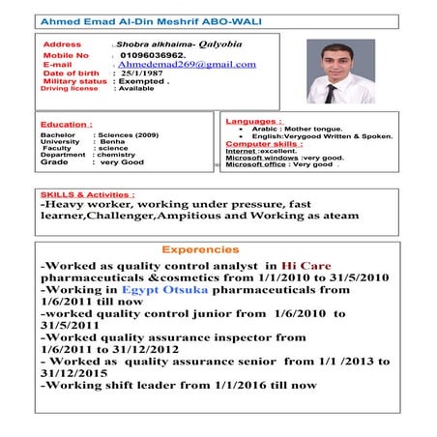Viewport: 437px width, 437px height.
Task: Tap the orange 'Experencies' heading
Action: (200, 249)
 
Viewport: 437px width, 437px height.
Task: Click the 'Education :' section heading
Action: (66, 124)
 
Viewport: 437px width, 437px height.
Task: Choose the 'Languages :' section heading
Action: (253, 121)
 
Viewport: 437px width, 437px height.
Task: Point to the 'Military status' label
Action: (75, 81)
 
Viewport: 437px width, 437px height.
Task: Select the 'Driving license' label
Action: (70, 88)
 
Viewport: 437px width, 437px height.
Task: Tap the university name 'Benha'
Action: (112, 140)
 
